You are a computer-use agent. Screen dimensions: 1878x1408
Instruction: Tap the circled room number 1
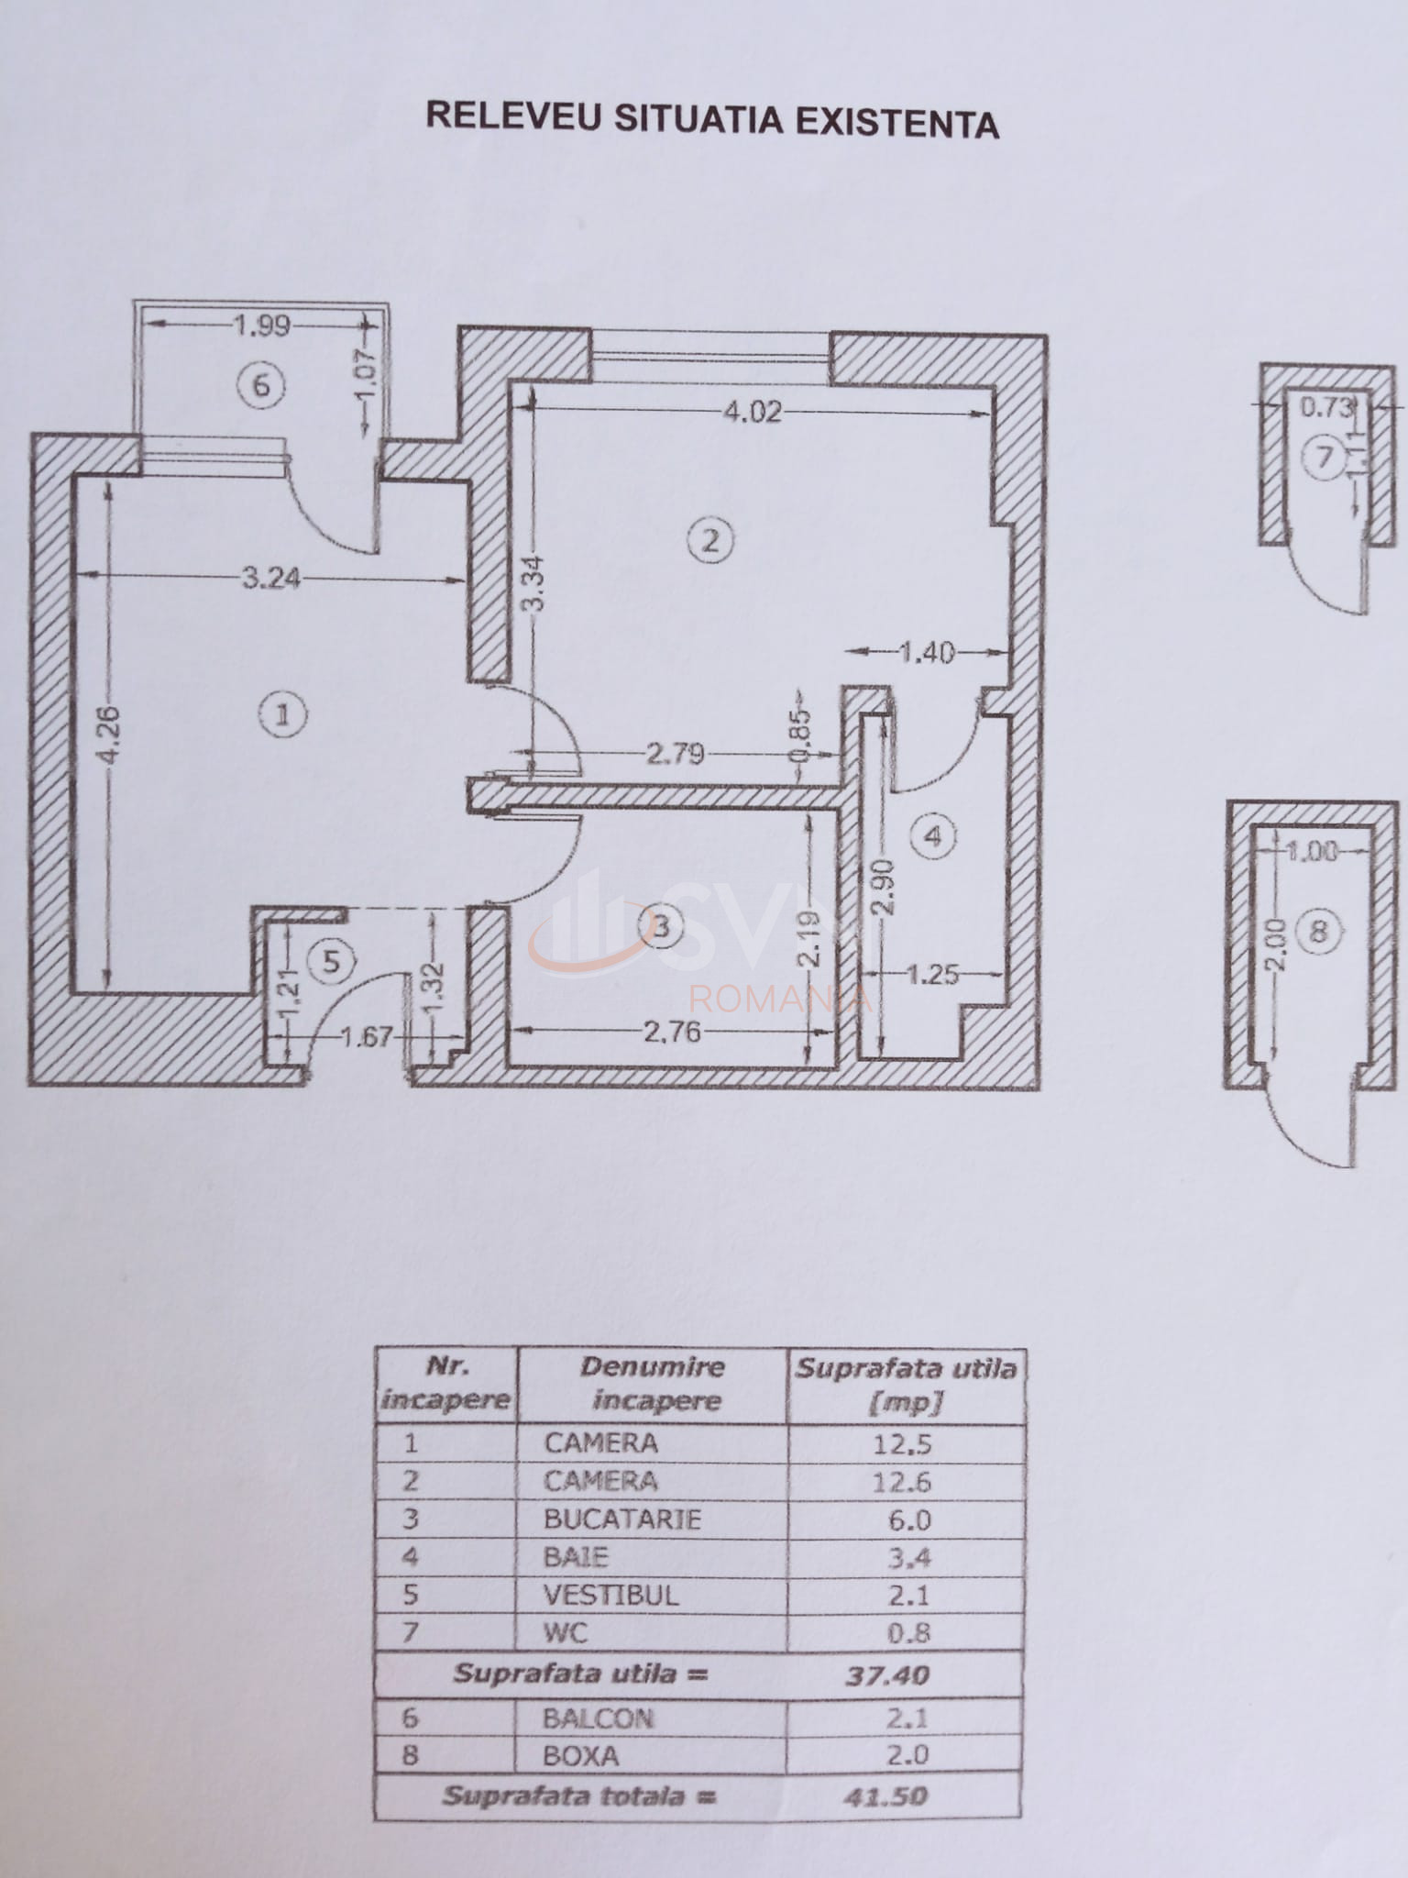(282, 714)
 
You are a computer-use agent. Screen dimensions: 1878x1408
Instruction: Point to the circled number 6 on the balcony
(261, 384)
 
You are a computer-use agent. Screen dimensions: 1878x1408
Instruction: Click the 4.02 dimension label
(753, 412)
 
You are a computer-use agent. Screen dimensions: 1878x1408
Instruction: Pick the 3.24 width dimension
(269, 578)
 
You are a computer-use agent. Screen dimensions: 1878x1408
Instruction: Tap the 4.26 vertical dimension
(108, 733)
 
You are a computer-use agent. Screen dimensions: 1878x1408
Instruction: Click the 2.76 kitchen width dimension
(672, 1033)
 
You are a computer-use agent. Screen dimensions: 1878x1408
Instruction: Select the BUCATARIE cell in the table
(622, 1519)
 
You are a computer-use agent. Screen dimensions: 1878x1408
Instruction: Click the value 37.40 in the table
(886, 1675)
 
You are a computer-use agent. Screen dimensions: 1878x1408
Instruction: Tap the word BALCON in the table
(598, 1718)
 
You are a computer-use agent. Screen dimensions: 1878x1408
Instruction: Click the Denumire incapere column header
(653, 1384)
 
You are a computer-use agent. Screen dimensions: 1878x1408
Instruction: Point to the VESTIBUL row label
(610, 1595)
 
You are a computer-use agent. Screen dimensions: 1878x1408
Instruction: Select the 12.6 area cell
(903, 1482)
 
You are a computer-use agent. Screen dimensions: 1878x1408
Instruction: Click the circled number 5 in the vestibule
(331, 961)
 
